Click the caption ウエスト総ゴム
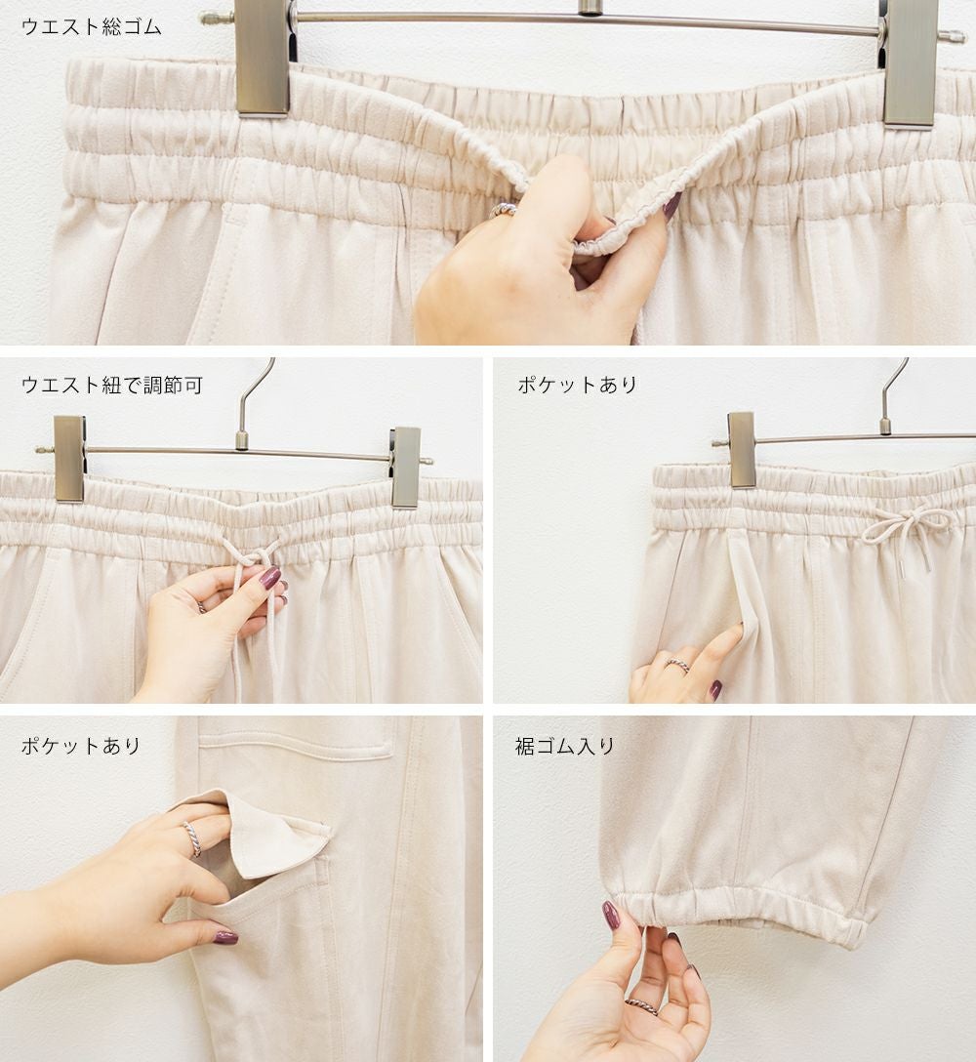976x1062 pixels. (x=92, y=27)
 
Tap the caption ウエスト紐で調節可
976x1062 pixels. (x=112, y=385)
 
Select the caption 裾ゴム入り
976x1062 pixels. (x=565, y=747)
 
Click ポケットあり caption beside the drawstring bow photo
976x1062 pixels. (x=577, y=385)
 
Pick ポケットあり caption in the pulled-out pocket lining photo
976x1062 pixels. (x=81, y=746)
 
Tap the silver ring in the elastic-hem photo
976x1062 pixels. (x=641, y=1005)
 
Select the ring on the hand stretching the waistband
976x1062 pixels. (x=502, y=211)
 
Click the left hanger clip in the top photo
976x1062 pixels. (x=263, y=58)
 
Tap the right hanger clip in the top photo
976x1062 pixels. (x=911, y=62)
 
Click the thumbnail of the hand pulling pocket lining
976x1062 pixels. (x=225, y=937)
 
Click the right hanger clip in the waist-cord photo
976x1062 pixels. (x=405, y=468)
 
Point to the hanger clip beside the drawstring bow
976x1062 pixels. (x=742, y=450)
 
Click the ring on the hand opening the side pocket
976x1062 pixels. (x=678, y=666)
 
